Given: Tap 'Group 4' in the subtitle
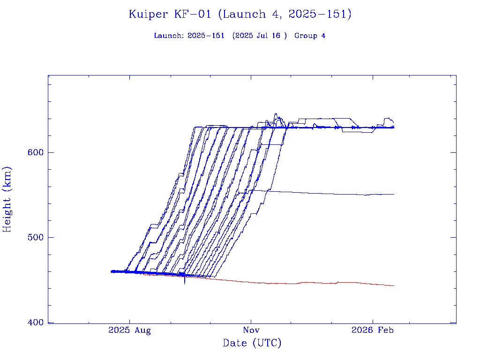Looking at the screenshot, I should click(x=310, y=36).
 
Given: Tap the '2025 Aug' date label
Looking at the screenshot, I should click(x=129, y=330).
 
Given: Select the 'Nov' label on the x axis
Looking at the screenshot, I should click(x=251, y=330).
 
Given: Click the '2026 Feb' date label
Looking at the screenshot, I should click(x=373, y=330).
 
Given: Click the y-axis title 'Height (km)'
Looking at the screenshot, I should click(x=7, y=199).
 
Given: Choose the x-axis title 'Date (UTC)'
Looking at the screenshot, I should click(x=252, y=344).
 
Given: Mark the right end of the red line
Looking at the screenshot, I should click(x=394, y=285).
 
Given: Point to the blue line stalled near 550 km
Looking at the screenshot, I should click(x=328, y=193).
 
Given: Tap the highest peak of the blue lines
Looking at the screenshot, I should click(x=275, y=114).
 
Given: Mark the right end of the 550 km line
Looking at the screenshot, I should click(x=394, y=194).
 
